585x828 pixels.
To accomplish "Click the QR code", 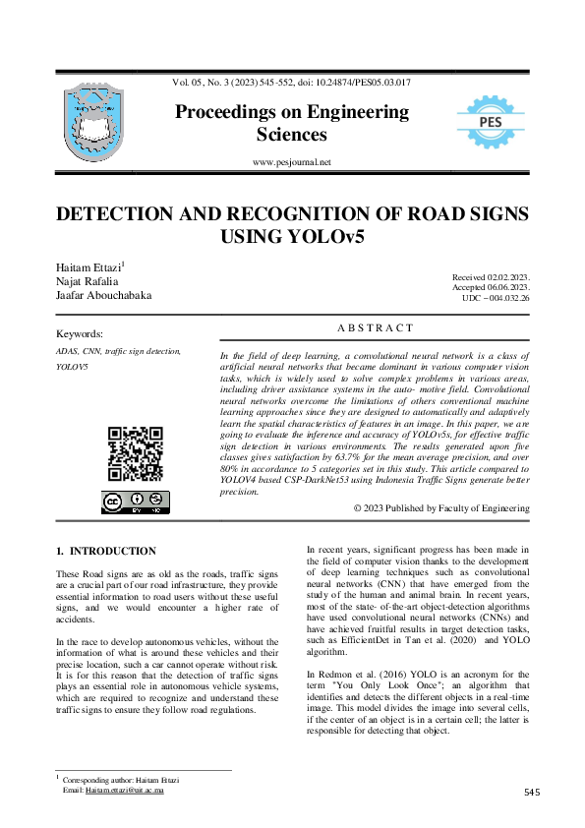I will [x=134, y=453].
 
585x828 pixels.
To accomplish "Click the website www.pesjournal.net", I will [x=292, y=161].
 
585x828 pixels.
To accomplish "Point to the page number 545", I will [x=533, y=792].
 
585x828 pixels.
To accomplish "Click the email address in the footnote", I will [x=125, y=790].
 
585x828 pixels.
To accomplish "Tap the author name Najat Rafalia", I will [x=87, y=281].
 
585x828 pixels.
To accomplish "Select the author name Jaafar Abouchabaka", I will [x=104, y=295].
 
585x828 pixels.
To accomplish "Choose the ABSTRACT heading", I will [x=375, y=328].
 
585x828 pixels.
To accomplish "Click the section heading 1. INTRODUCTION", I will [x=106, y=551].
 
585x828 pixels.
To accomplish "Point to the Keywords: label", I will [x=80, y=334].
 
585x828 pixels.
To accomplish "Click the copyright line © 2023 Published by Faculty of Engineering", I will [x=441, y=508].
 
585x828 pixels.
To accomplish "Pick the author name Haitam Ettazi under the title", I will [x=87, y=267].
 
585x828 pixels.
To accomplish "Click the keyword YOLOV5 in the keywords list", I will [x=73, y=366].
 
